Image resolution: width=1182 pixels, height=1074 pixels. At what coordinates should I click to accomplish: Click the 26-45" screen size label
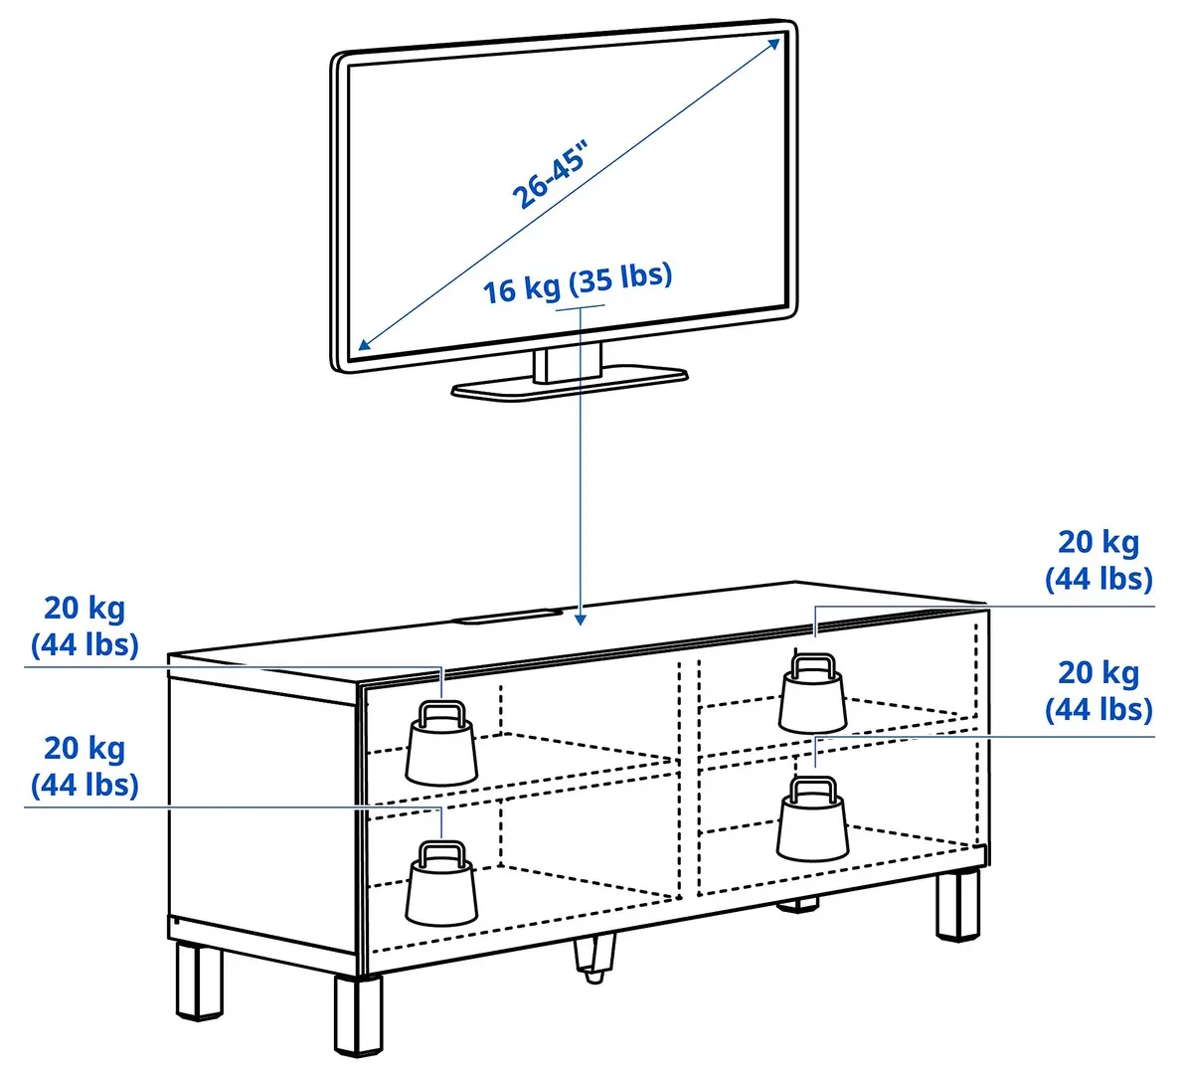coord(551,175)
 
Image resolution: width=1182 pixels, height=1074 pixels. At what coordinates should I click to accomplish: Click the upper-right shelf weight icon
coord(812,693)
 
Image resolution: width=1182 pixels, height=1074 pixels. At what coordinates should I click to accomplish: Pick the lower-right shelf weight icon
coord(813,820)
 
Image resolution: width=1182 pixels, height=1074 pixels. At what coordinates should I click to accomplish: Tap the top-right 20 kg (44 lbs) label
coord(1098,560)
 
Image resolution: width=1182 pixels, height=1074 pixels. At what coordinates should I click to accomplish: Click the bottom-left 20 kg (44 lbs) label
coord(84,766)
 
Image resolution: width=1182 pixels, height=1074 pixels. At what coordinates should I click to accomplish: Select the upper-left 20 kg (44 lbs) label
coord(84,626)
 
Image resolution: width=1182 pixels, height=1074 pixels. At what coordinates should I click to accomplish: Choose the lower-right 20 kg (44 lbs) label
coord(1098,690)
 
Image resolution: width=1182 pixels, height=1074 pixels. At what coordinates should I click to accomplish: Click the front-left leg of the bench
coord(200,981)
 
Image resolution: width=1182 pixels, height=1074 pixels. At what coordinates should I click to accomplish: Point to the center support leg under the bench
coord(594,959)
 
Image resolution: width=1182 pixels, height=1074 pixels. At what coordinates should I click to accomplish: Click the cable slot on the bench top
coord(507,618)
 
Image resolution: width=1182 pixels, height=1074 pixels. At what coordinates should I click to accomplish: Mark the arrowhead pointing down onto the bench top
coord(581,619)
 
